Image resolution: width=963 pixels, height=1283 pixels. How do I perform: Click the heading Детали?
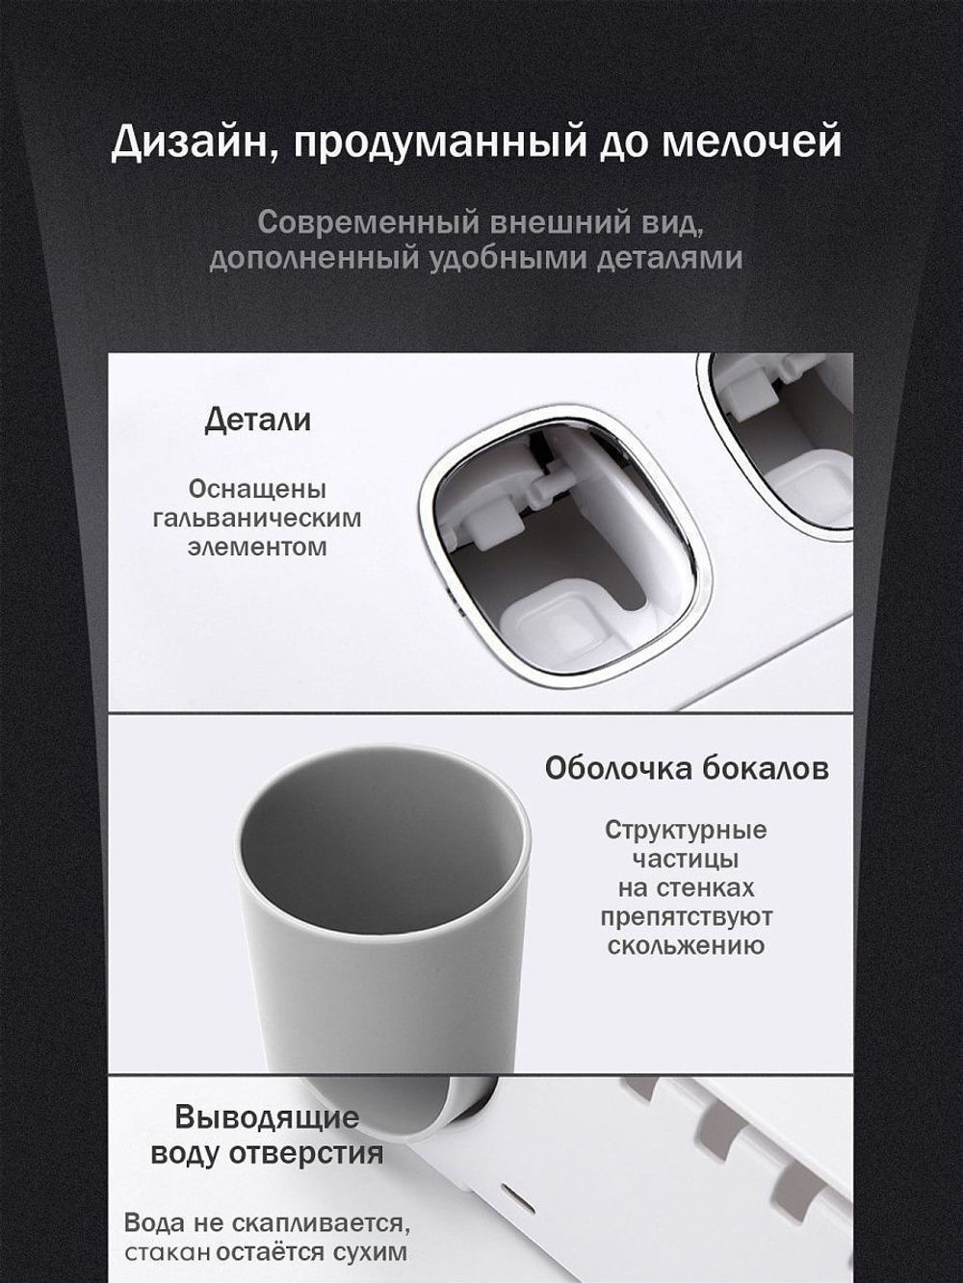[257, 421]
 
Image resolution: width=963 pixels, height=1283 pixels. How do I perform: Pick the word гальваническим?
[257, 518]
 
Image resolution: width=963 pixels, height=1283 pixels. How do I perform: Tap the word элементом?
[257, 547]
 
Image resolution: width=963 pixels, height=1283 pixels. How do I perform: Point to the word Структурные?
[686, 830]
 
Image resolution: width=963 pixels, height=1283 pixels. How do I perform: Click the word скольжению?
[686, 945]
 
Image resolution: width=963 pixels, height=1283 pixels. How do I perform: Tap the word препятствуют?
[686, 916]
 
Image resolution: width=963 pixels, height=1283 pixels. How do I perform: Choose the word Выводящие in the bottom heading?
[267, 1118]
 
